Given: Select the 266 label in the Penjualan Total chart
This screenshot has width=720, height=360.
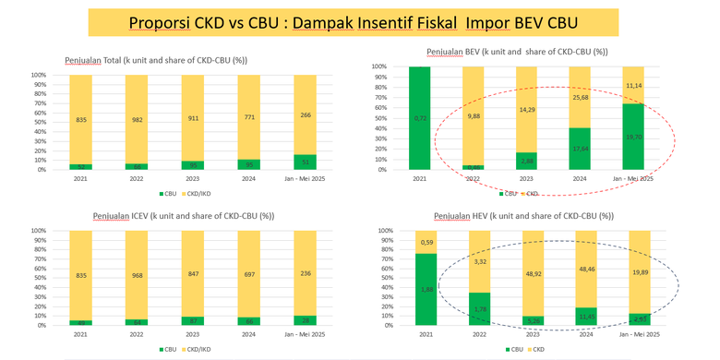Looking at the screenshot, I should click(x=306, y=114).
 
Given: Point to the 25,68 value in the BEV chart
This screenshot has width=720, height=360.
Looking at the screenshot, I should click(x=579, y=97).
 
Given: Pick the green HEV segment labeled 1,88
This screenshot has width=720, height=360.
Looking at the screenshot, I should click(x=427, y=289).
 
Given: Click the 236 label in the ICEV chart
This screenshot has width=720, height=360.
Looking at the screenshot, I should click(x=306, y=272).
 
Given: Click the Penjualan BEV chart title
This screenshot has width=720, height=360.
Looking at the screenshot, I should click(x=516, y=52).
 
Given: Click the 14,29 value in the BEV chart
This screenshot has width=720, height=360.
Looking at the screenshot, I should click(x=527, y=110).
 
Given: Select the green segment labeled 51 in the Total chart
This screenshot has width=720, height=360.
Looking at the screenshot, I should click(x=306, y=162).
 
